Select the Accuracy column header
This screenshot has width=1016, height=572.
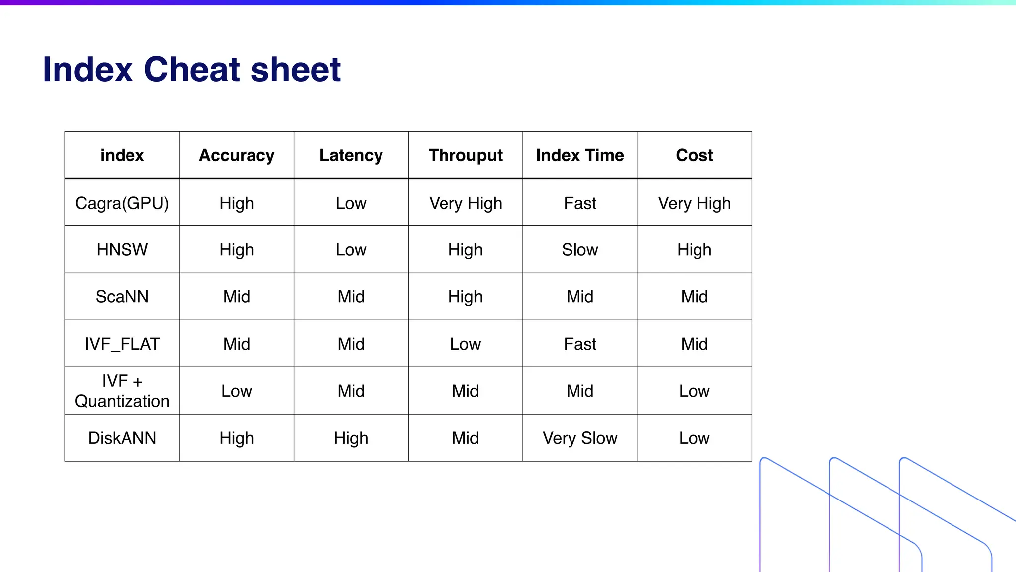(x=237, y=155)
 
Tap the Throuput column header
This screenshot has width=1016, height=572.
(x=465, y=155)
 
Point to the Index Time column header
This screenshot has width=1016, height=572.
(x=579, y=155)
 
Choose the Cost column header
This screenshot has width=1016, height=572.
(x=694, y=155)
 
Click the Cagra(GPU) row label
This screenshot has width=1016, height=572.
(x=122, y=203)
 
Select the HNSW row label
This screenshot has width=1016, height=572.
(x=122, y=250)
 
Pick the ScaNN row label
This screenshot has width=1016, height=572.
(x=122, y=297)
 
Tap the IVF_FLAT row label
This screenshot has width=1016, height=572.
(x=122, y=344)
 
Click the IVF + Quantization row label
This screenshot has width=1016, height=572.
(x=122, y=391)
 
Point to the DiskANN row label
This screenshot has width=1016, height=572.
(x=122, y=438)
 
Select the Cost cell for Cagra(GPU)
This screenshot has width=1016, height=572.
(x=694, y=203)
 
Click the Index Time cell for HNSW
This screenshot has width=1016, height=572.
(x=579, y=250)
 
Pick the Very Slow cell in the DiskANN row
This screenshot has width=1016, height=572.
(x=579, y=438)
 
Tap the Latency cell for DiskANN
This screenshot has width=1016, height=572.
(x=351, y=438)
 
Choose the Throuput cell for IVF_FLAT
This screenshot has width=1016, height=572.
(x=465, y=344)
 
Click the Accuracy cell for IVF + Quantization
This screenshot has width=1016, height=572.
(x=237, y=391)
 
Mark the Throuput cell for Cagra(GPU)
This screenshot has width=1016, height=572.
(x=465, y=203)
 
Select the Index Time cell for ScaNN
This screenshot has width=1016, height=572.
(x=579, y=297)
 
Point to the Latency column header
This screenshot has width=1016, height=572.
(x=351, y=155)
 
